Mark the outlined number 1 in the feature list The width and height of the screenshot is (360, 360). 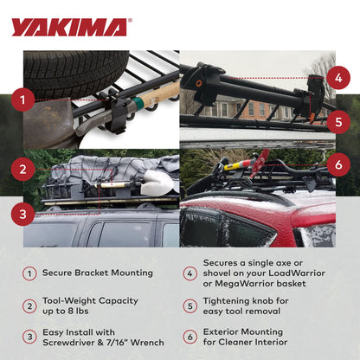pyautogui.click(x=29, y=273)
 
